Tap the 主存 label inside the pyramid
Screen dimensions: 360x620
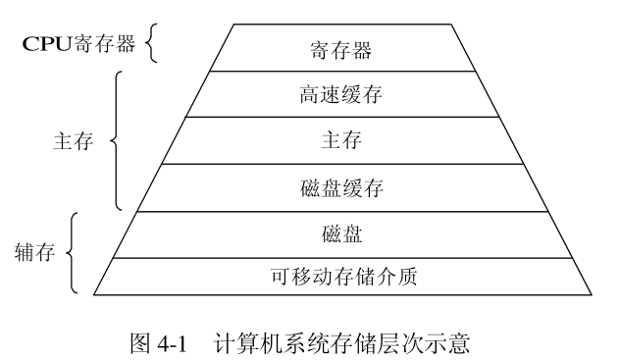[x=341, y=140]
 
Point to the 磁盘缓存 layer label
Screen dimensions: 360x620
[x=341, y=187]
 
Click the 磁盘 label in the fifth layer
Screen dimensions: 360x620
[x=341, y=233]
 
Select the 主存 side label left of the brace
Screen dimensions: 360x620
[x=72, y=141]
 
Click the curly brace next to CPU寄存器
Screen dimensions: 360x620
[x=151, y=44]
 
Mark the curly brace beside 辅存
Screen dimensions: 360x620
[x=73, y=253]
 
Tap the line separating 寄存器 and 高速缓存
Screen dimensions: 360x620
[x=341, y=71]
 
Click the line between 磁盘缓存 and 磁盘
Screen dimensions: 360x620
[x=341, y=211]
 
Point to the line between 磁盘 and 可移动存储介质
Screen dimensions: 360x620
[x=341, y=257]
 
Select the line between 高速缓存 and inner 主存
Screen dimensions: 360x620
[x=341, y=117]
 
